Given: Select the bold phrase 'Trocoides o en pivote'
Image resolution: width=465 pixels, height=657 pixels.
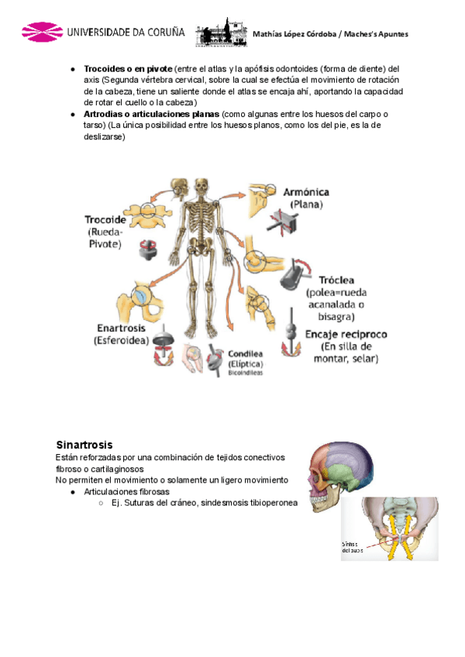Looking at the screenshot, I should [x=128, y=68].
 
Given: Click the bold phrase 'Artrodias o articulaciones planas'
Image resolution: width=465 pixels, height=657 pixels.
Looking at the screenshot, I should [x=151, y=114].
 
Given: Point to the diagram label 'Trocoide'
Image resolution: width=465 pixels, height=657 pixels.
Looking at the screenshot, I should [x=105, y=220].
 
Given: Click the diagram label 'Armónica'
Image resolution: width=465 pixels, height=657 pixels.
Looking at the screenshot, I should [x=304, y=191].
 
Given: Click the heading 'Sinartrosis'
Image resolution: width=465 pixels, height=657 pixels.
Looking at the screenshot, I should [x=84, y=445].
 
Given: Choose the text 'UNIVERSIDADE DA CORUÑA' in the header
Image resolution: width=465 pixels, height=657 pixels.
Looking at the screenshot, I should [x=126, y=33].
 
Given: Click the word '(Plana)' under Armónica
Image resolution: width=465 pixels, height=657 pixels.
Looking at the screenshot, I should [x=306, y=205].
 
